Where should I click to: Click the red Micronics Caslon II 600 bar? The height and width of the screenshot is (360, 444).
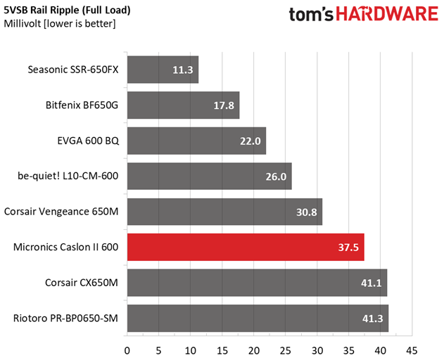click(x=245, y=247)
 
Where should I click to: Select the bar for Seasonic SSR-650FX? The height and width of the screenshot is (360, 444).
click(x=162, y=70)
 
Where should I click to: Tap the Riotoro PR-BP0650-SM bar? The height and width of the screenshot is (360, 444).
click(x=257, y=318)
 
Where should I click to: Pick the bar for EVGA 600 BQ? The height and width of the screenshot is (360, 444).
click(x=196, y=141)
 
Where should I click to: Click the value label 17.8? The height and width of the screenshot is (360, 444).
click(x=223, y=105)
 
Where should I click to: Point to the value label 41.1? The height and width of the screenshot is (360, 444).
click(x=370, y=283)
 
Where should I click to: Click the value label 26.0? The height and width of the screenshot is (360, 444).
click(x=275, y=176)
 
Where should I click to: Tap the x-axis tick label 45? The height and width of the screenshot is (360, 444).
click(x=412, y=350)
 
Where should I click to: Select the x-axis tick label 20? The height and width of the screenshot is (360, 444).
click(x=254, y=350)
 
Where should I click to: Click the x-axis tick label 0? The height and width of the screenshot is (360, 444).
click(x=127, y=350)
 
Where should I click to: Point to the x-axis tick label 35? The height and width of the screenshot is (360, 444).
click(x=349, y=350)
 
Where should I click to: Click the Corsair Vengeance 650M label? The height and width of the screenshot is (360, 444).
click(x=61, y=211)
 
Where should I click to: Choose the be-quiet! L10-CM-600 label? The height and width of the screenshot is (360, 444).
click(x=68, y=176)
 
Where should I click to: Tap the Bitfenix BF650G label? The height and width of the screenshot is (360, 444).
click(x=82, y=105)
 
